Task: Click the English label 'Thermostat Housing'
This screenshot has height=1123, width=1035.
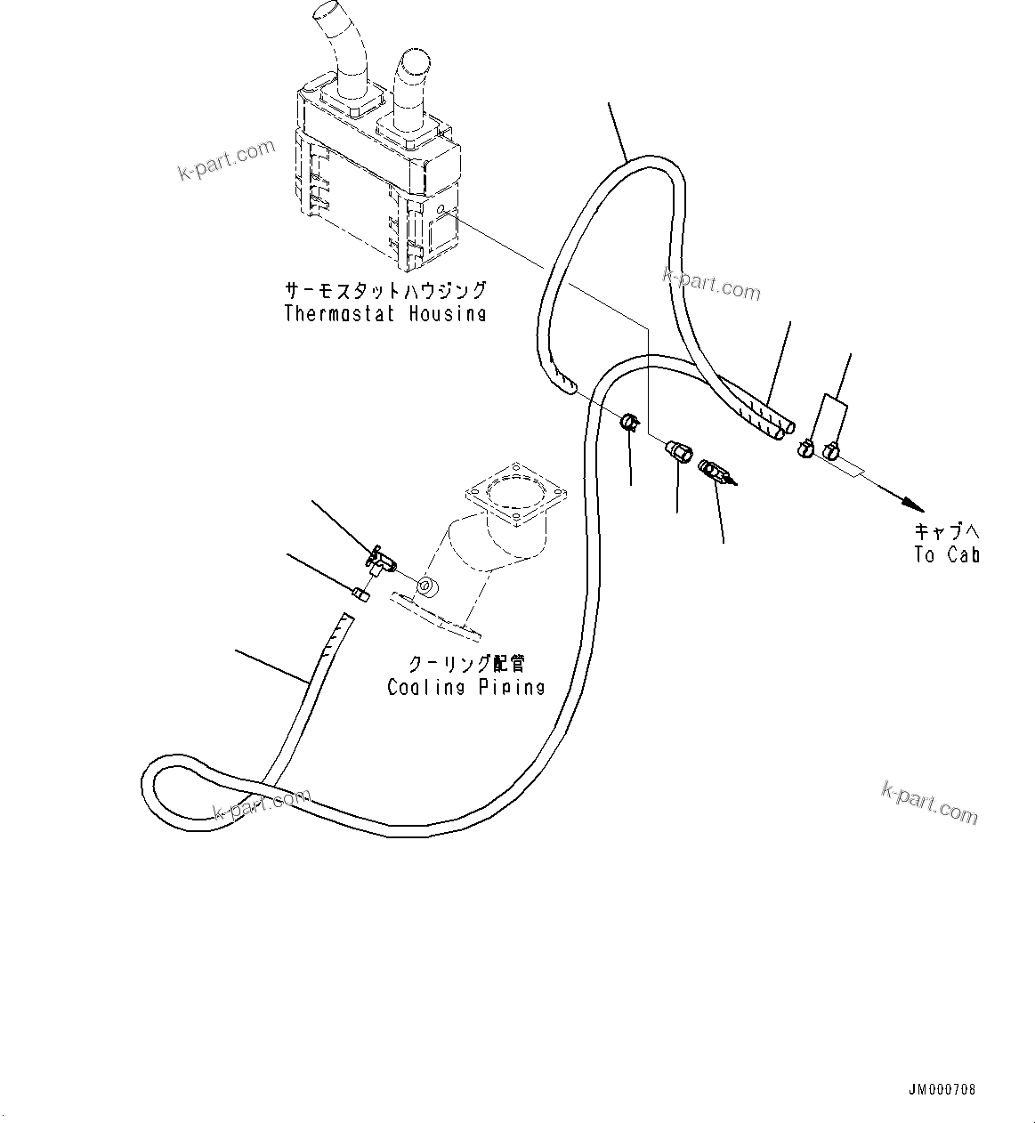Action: pos(385,313)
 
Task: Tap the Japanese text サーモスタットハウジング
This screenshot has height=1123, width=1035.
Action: pos(385,291)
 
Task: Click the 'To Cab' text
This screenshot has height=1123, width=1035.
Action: pos(946,554)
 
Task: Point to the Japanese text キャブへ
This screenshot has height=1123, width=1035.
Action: pos(946,532)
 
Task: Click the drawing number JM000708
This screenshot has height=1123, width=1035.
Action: pos(942,1089)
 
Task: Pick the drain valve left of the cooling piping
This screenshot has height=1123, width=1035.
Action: pos(381,561)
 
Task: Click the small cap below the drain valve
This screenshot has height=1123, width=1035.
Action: pos(361,594)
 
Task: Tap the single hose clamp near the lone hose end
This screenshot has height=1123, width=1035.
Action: pos(630,421)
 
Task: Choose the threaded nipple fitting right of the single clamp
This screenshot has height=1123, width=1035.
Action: pos(678,451)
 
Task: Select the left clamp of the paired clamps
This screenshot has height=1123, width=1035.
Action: pos(805,448)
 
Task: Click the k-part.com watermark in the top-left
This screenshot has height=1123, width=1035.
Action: pos(227,158)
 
